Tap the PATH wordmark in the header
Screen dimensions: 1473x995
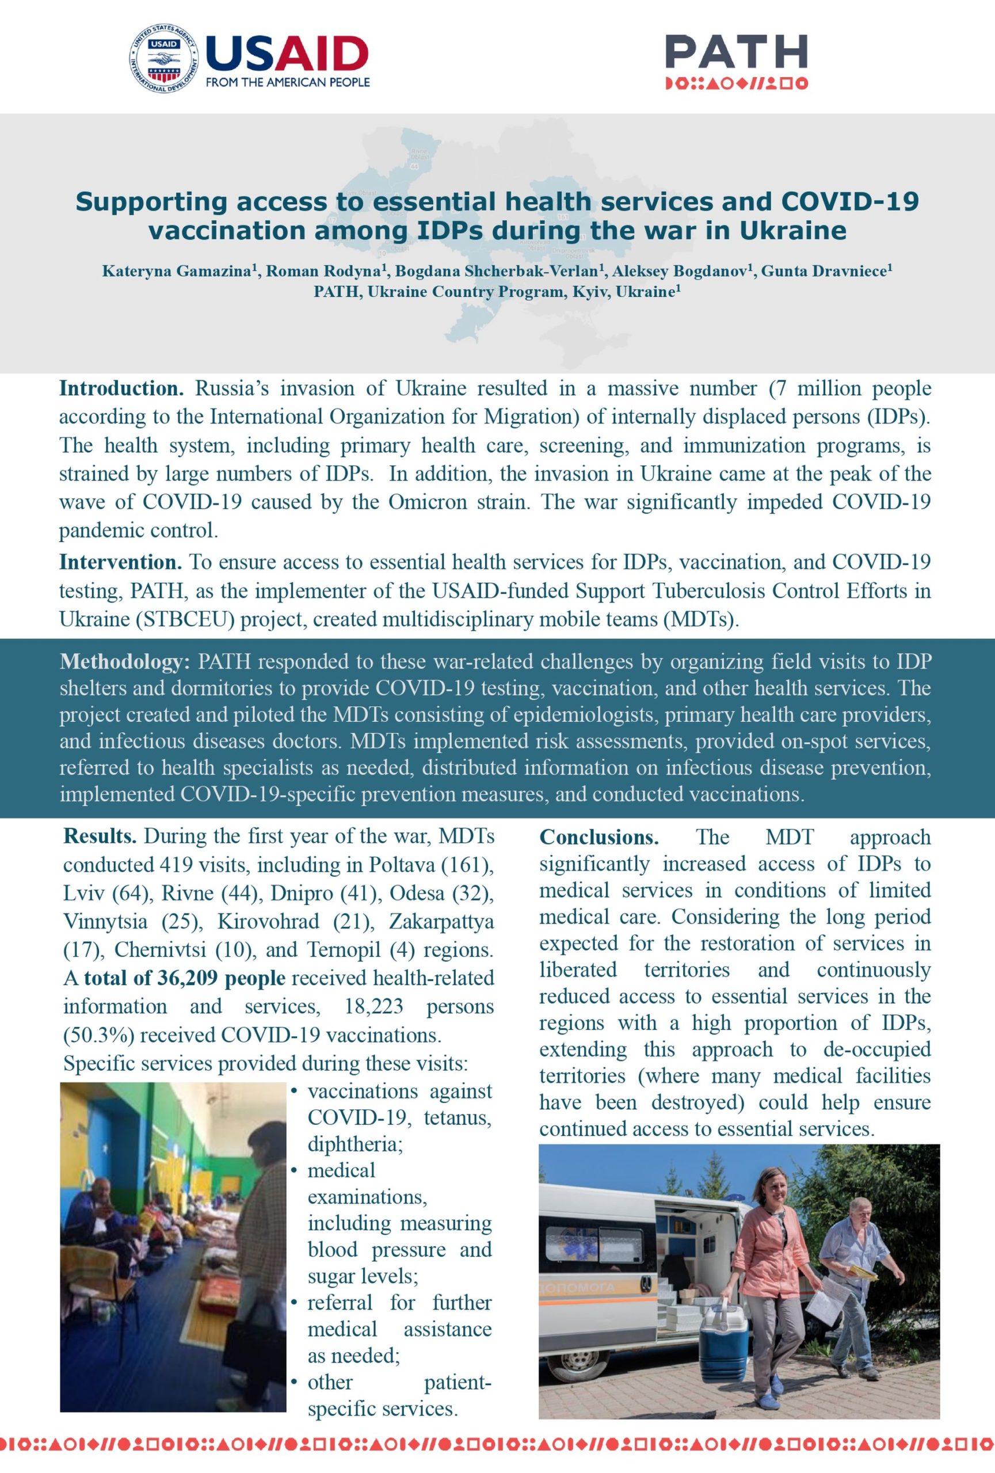pos(736,52)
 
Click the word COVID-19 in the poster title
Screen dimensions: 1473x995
pos(849,201)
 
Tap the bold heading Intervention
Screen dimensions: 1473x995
pos(120,562)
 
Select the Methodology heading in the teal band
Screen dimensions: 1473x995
pos(125,662)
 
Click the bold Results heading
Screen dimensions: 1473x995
pos(100,836)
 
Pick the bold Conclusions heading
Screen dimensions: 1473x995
pos(598,837)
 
